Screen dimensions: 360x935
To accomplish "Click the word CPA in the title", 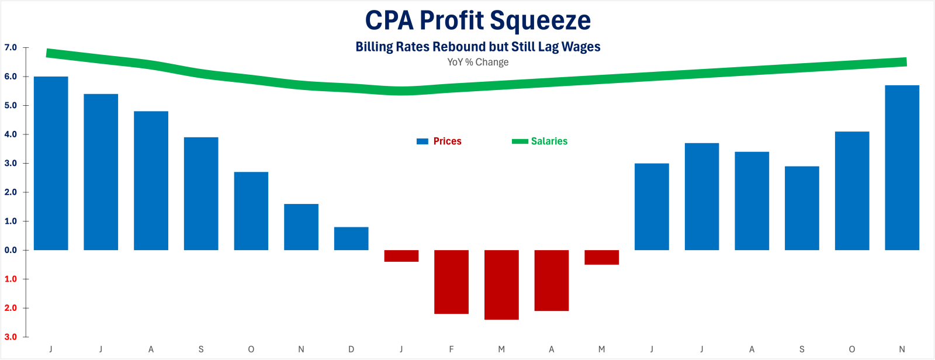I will pyautogui.click(x=389, y=20).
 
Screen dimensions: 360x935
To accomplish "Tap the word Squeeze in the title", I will pyautogui.click(x=540, y=22).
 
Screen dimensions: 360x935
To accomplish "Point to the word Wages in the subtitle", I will pyautogui.click(x=581, y=47).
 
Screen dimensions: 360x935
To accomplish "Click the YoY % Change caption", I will pyautogui.click(x=477, y=62).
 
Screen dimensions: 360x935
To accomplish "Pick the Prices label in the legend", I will pyautogui.click(x=447, y=141).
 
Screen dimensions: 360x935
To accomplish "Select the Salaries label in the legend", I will pyautogui.click(x=549, y=141).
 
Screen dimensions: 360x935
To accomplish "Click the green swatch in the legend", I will pyautogui.click(x=520, y=141).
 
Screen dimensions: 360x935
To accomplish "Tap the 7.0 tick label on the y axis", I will pyautogui.click(x=11, y=47).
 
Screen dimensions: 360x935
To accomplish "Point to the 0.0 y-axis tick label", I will pyautogui.click(x=11, y=250).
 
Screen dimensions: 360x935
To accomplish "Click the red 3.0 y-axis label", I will pyautogui.click(x=11, y=337).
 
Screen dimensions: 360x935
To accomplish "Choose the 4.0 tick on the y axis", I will pyautogui.click(x=11, y=134).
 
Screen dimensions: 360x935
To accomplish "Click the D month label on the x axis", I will pyautogui.click(x=351, y=349).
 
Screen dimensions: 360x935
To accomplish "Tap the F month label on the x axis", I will pyautogui.click(x=451, y=349).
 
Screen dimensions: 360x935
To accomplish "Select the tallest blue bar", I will pyautogui.click(x=51, y=164).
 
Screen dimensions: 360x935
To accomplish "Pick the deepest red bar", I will pyautogui.click(x=501, y=285).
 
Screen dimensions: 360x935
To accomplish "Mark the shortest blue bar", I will pyautogui.click(x=351, y=238).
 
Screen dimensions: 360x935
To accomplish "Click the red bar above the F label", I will pyautogui.click(x=451, y=282).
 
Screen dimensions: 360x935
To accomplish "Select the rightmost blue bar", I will pyautogui.click(x=902, y=168).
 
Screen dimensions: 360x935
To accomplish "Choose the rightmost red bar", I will pyautogui.click(x=601, y=257).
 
